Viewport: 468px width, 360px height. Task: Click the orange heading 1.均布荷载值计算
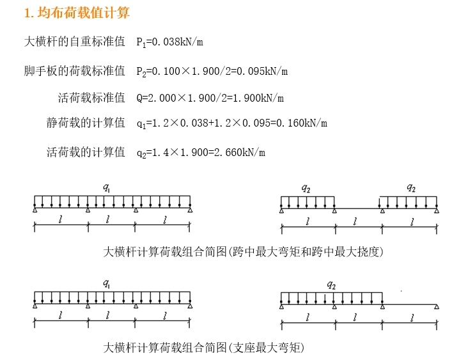tap(76, 13)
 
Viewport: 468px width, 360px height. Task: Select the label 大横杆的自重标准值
tap(74, 42)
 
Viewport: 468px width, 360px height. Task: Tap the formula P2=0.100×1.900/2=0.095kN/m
tap(212, 70)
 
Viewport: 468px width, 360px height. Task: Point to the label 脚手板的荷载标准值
tap(74, 70)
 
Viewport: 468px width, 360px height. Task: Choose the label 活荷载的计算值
tap(86, 152)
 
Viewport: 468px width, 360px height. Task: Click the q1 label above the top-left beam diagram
tap(107, 187)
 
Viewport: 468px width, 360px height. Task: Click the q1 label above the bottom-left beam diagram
tap(107, 283)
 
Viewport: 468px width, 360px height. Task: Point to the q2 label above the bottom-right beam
tap(331, 285)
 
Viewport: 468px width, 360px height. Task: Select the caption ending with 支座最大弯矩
tap(204, 347)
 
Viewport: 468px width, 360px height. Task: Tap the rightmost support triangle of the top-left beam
tap(190, 210)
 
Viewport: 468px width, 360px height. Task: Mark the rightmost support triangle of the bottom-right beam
tap(437, 306)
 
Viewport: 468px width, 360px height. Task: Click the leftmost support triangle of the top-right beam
tap(281, 210)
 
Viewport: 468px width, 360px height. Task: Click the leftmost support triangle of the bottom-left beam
tap(35, 306)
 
